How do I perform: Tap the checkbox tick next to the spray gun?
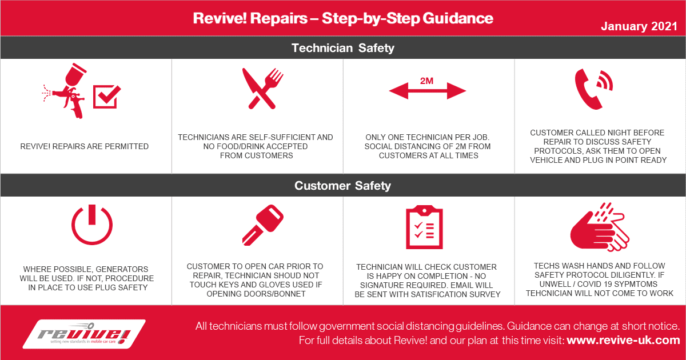pyautogui.click(x=107, y=97)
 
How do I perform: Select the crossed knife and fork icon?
pyautogui.click(x=263, y=89)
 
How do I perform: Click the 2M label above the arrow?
pyautogui.click(x=426, y=81)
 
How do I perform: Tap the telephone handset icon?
pyautogui.click(x=593, y=89)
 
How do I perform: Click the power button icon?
pyautogui.click(x=92, y=225)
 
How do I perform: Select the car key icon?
pyautogui.click(x=263, y=225)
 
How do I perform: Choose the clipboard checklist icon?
pyautogui.click(x=424, y=227)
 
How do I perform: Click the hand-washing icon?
pyautogui.click(x=600, y=227)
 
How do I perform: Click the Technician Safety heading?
pyautogui.click(x=342, y=48)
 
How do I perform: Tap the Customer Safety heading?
pyautogui.click(x=342, y=186)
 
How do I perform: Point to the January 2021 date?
pyautogui.click(x=639, y=26)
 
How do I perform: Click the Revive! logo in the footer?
pyautogui.click(x=84, y=334)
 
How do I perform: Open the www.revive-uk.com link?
pyautogui.click(x=623, y=340)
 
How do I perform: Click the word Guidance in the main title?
pyautogui.click(x=458, y=18)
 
